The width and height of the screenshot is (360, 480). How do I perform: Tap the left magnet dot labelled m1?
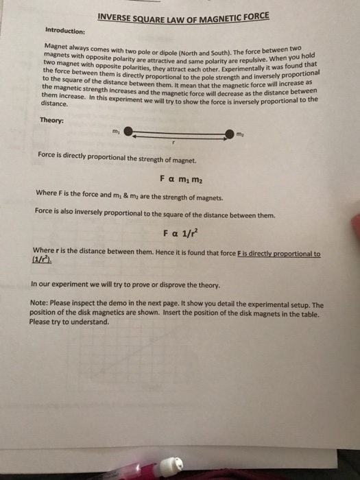128,133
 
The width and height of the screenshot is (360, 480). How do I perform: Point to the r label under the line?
174,142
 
